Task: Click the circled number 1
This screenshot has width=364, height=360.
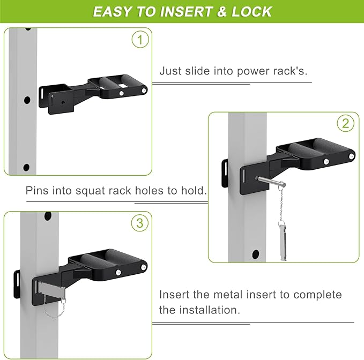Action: tap(140, 40)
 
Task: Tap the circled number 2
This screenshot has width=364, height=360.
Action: tap(346, 123)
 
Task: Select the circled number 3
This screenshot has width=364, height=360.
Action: tap(140, 223)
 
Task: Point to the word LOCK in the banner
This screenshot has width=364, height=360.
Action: tap(251, 12)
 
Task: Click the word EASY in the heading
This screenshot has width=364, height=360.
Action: tap(113, 12)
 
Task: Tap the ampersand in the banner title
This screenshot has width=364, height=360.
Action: tap(222, 12)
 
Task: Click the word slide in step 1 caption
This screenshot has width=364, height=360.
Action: tap(198, 71)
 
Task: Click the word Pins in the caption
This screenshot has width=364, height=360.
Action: tap(37, 190)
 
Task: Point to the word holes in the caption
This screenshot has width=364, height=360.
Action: tap(149, 190)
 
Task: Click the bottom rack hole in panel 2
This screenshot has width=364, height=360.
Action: tap(255, 254)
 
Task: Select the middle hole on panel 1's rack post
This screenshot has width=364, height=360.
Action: tap(27, 100)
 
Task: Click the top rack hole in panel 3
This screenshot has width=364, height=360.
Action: tap(48, 216)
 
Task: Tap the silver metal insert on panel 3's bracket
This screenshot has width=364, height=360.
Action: tap(52, 288)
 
